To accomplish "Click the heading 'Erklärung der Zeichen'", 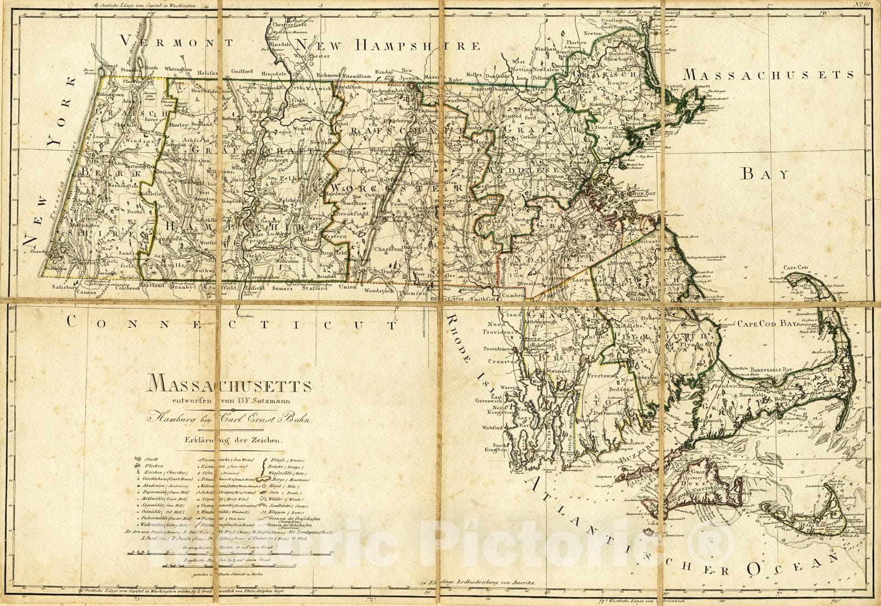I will [x=234, y=440].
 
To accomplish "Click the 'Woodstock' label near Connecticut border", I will [x=380, y=290].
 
